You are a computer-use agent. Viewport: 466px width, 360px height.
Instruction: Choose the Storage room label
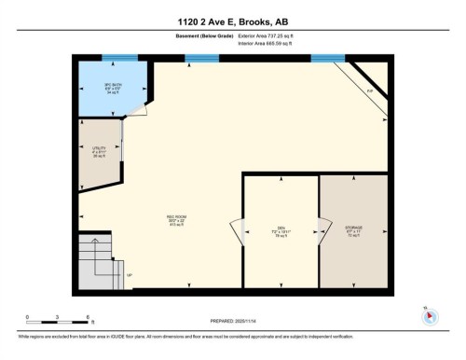click(x=353, y=230)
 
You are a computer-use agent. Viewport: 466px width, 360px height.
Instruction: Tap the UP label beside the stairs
click(x=130, y=274)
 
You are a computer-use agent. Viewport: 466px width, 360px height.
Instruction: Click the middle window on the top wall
click(x=198, y=58)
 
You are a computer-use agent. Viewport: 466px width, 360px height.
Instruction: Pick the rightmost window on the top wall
click(x=327, y=58)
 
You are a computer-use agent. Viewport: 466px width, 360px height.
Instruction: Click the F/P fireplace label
click(x=369, y=90)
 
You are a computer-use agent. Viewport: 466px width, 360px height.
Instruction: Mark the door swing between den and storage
click(x=320, y=230)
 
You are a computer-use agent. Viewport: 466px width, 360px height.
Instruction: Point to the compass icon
click(x=429, y=314)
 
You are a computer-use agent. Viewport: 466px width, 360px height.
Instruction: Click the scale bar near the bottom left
click(x=58, y=322)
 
